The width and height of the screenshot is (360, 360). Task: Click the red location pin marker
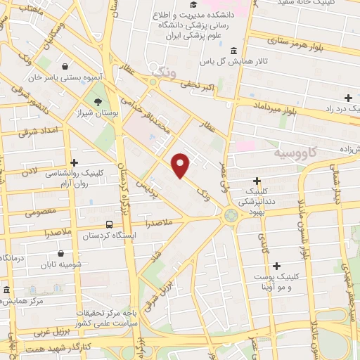(181, 165)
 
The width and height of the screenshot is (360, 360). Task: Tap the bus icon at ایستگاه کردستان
(108, 224)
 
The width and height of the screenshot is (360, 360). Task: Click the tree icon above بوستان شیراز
(107, 102)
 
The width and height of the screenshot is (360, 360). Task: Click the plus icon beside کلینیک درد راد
(348, 98)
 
